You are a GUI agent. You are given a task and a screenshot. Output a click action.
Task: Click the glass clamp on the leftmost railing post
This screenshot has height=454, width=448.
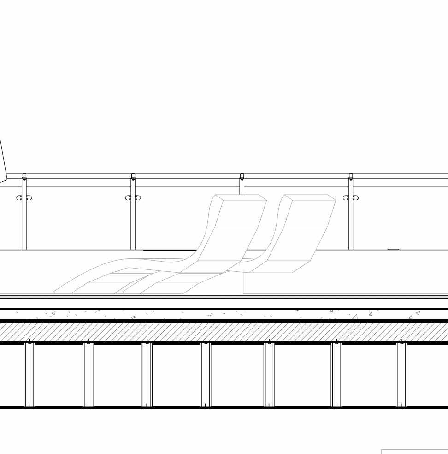(x=24, y=198)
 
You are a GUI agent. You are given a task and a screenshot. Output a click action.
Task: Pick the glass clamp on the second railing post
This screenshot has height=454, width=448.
(x=133, y=198)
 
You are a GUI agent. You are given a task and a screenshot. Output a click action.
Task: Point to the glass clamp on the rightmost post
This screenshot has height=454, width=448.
(x=351, y=198)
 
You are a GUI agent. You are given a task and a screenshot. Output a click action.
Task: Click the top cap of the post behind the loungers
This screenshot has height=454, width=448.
(x=242, y=176)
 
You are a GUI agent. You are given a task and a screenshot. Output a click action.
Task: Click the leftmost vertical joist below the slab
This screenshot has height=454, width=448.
(x=29, y=375)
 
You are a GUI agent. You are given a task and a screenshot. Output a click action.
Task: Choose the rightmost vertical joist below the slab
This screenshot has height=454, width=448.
(x=402, y=375)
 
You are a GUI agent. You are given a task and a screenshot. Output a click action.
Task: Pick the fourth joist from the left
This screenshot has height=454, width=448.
(x=206, y=375)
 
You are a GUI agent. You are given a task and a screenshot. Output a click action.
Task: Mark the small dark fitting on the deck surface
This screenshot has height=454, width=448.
(x=393, y=249)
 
